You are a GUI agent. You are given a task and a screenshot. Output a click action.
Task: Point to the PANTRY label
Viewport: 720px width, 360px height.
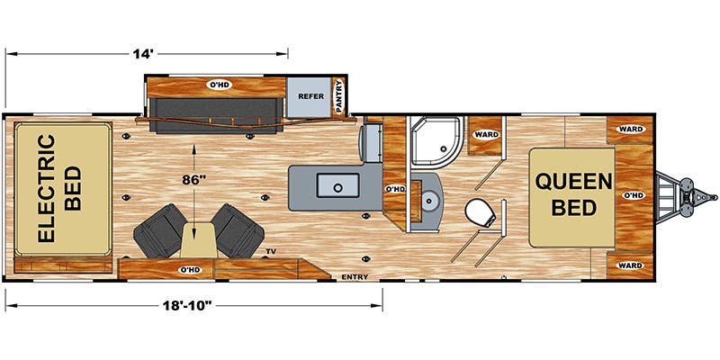pyautogui.click(x=339, y=98)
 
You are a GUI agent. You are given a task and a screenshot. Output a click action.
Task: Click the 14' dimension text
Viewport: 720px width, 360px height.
pyautogui.click(x=140, y=54)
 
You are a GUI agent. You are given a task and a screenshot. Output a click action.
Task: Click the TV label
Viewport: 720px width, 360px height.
pyautogui.click(x=271, y=250)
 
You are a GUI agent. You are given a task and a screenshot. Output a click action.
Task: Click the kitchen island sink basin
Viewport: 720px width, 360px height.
pyautogui.click(x=338, y=186)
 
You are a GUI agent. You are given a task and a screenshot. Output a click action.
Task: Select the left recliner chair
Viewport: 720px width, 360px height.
pyautogui.click(x=159, y=228)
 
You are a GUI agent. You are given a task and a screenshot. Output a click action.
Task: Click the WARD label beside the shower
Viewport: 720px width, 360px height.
pyautogui.click(x=486, y=135)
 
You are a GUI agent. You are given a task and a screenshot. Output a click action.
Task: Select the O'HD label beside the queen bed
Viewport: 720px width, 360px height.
pyautogui.click(x=633, y=194)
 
